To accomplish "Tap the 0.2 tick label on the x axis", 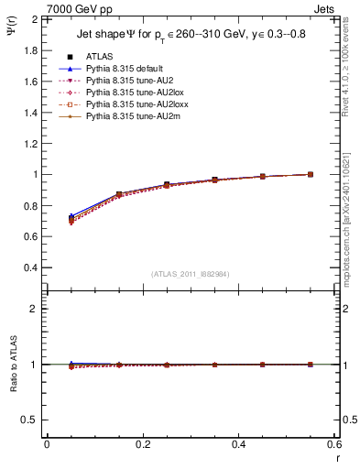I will (142, 443).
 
